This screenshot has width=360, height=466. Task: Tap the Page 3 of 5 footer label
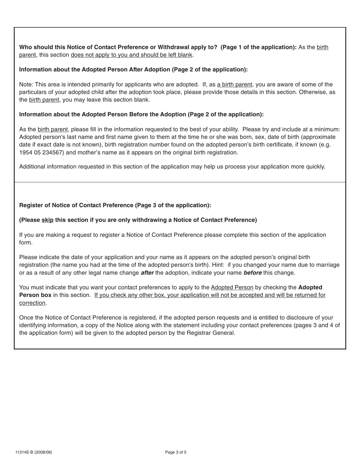176,452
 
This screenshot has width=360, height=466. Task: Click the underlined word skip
47,220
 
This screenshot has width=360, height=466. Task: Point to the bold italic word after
147,273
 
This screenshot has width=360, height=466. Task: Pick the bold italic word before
252,273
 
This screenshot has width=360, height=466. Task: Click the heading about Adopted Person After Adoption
133,70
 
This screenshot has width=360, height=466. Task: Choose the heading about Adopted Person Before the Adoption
141,114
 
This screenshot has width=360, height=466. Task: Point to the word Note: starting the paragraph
26,84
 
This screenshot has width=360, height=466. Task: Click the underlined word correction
32,303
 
